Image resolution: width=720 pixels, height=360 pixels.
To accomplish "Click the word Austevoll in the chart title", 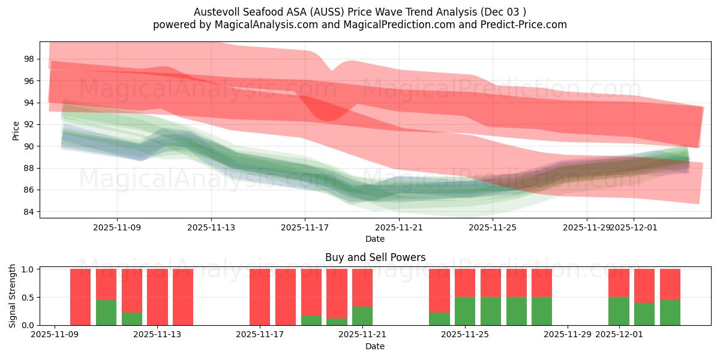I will coord(214,12).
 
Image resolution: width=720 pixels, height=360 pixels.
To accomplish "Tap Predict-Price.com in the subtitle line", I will coord(522,25).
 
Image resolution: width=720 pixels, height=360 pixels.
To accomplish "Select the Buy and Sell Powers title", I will coord(375,257).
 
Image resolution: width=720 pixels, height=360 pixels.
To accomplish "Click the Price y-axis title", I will coord(16,130).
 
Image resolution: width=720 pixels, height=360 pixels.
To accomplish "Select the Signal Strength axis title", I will coord(13,296).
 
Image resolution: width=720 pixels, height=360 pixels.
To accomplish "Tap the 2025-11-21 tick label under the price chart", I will coord(399,227).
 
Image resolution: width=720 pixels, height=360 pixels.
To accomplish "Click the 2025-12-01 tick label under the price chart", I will coord(634,227).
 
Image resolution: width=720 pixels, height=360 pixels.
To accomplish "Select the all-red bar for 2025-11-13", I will coord(157,297).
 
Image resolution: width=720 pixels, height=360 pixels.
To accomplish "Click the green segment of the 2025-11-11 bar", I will coord(106,313).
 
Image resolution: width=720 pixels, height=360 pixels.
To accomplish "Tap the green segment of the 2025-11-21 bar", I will coord(362,316).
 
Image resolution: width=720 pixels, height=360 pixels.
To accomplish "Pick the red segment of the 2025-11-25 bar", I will coord(465,283).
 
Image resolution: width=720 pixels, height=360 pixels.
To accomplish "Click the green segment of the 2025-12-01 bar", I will coord(619,311).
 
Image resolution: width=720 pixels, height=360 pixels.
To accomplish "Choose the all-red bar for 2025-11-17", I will coord(260,297).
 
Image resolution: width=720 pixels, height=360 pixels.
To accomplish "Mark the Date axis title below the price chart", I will coord(375,239).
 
